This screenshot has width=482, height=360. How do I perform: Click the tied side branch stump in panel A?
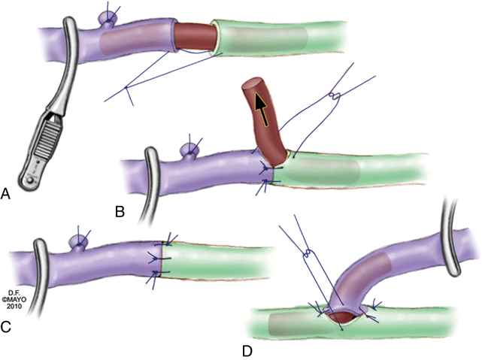[x=108, y=20]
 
